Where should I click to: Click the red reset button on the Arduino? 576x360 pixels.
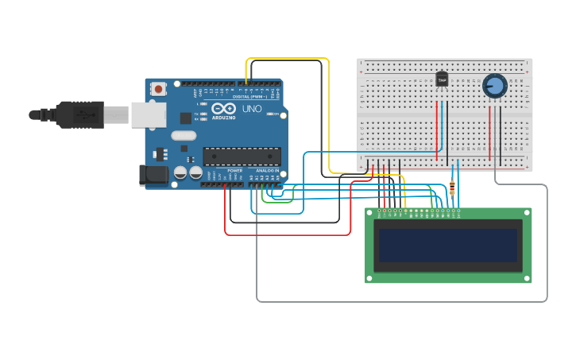tap(158, 89)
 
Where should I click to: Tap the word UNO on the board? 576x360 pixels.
tap(252, 109)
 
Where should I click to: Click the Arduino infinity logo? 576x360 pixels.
tap(223, 108)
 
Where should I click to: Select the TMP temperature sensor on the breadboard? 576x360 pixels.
tap(442, 79)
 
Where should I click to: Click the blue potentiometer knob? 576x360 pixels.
tap(494, 86)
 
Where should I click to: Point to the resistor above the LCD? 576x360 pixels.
tap(452, 188)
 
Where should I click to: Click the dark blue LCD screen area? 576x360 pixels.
tap(448, 246)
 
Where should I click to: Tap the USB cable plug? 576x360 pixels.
tap(79, 114)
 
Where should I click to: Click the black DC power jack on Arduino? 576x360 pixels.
tap(153, 175)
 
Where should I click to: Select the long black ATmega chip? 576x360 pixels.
tap(242, 157)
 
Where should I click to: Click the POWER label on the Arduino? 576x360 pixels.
tap(235, 170)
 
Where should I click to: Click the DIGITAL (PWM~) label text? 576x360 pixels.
tap(249, 97)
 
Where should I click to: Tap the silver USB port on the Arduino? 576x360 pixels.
tap(148, 114)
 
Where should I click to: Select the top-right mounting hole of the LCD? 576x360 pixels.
tap(526, 213)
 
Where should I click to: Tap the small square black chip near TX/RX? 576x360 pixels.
tap(186, 118)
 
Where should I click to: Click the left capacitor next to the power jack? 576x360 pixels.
tap(180, 172)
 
